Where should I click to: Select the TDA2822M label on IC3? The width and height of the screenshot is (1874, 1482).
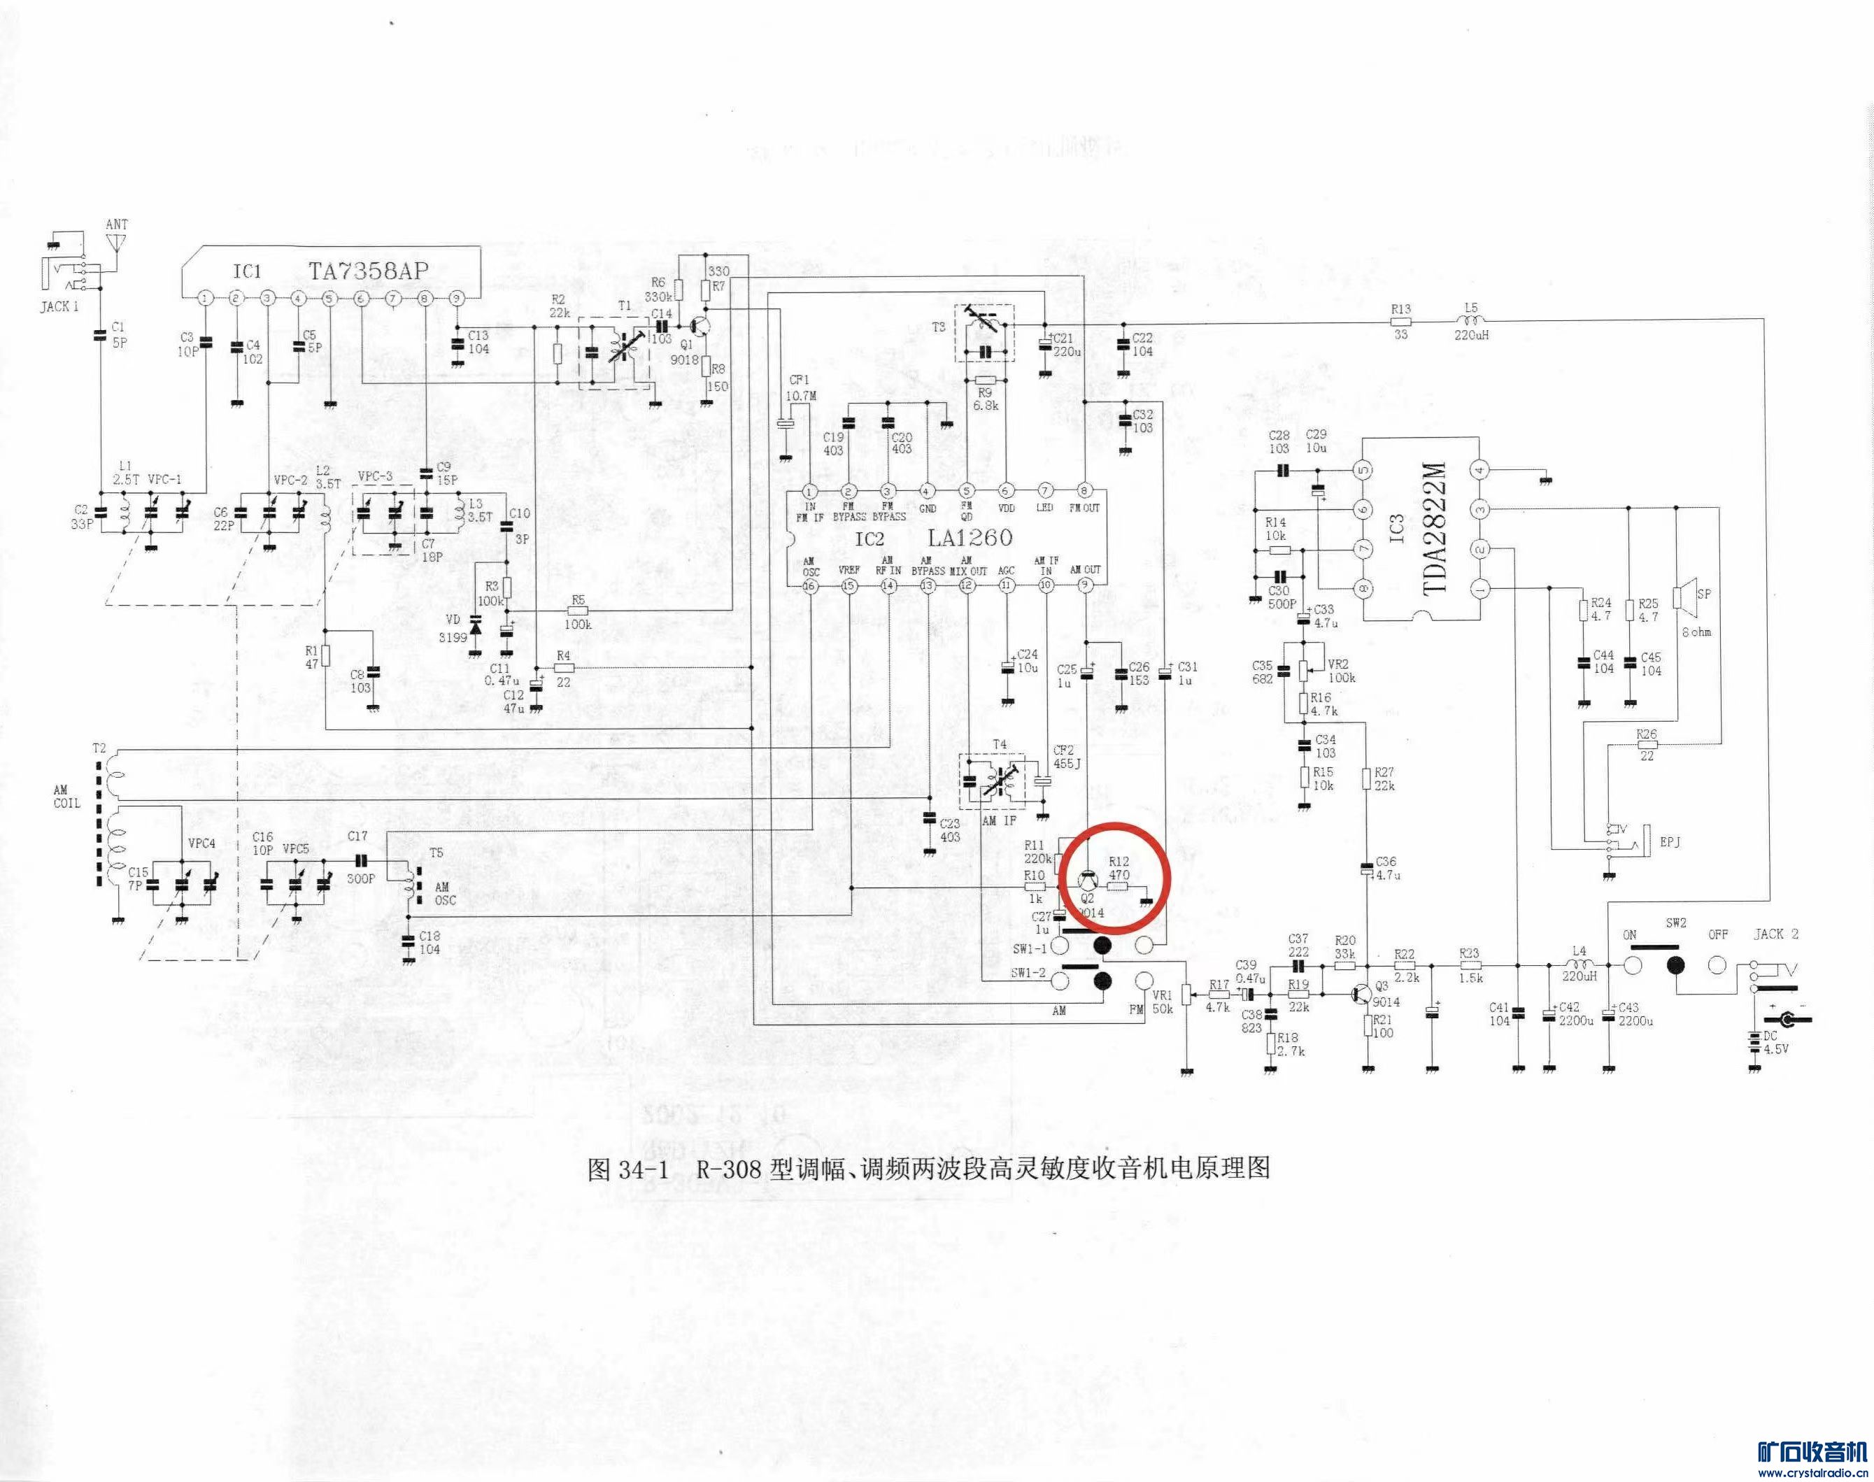(x=1436, y=529)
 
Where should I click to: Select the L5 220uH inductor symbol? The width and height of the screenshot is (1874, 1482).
(x=1470, y=323)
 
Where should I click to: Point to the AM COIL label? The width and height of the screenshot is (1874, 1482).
(x=66, y=797)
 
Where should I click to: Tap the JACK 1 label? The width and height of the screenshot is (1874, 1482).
(x=59, y=306)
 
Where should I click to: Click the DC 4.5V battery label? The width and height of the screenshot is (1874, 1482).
(x=1777, y=1042)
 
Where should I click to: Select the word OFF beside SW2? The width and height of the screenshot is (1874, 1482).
(x=1719, y=934)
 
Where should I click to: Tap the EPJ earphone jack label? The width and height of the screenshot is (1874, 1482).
(x=1669, y=841)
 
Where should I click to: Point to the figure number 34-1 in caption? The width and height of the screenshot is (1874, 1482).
(x=644, y=1169)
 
